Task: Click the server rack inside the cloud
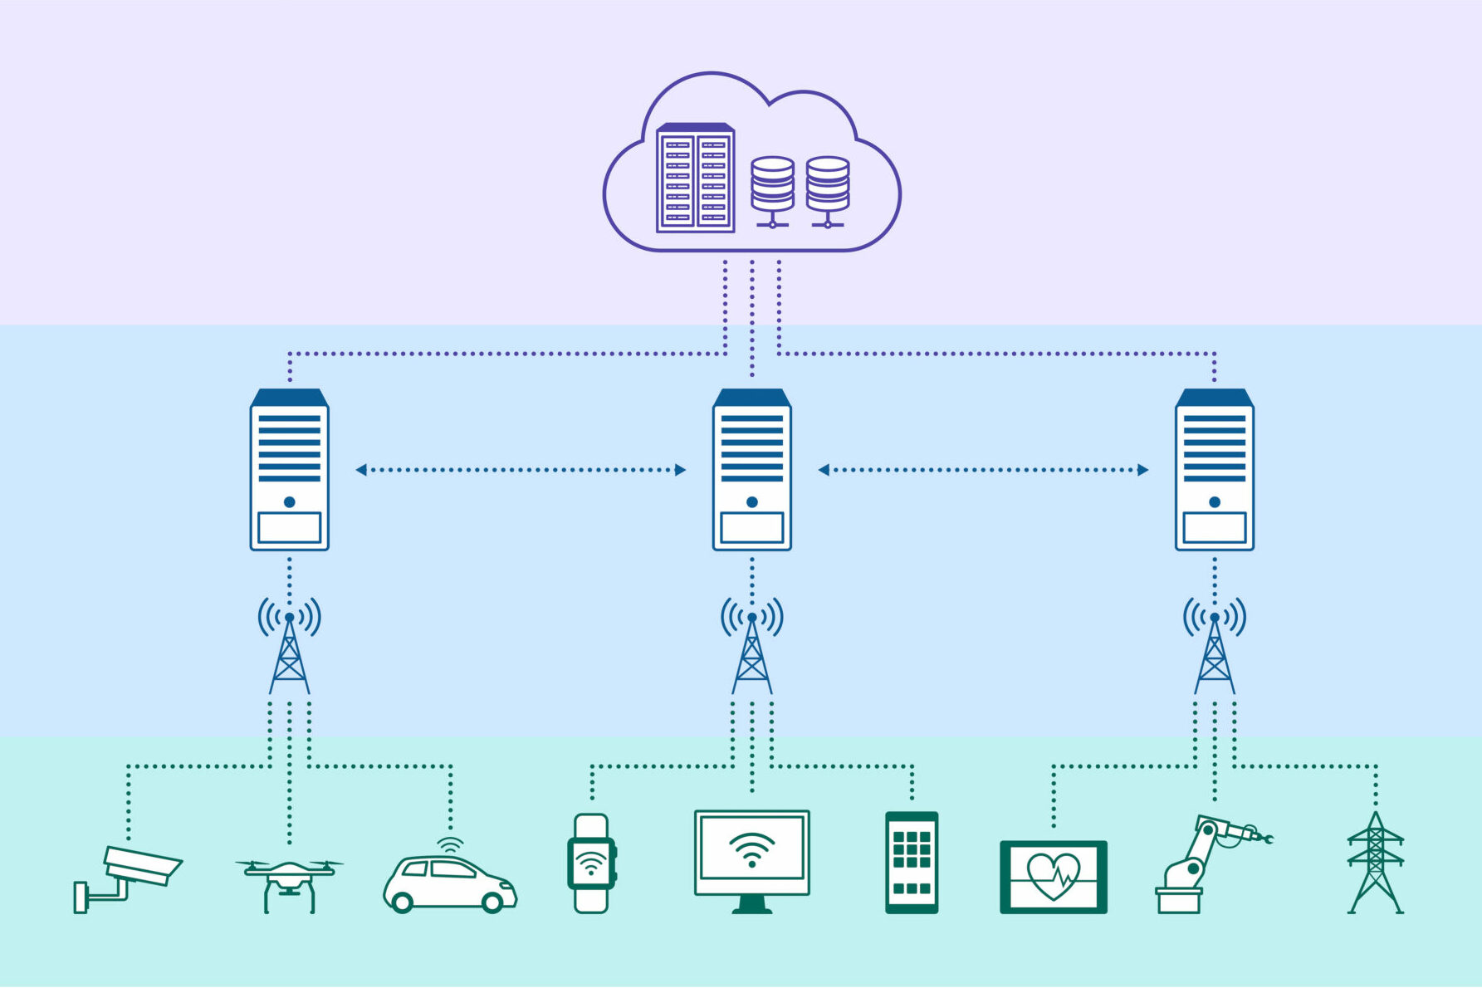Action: pyautogui.click(x=695, y=178)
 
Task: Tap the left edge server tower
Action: pyautogui.click(x=290, y=470)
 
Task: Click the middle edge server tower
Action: pyautogui.click(x=752, y=470)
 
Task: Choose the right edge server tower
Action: pyautogui.click(x=1215, y=470)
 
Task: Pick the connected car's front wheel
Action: pyautogui.click(x=493, y=902)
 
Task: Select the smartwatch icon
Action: pyautogui.click(x=591, y=863)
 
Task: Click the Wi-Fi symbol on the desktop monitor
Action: pyautogui.click(x=752, y=849)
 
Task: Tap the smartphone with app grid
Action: pyautogui.click(x=912, y=863)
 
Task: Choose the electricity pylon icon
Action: pyautogui.click(x=1376, y=863)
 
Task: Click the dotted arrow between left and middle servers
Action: pyautogui.click(x=521, y=470)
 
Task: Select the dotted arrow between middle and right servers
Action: pyautogui.click(x=983, y=470)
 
